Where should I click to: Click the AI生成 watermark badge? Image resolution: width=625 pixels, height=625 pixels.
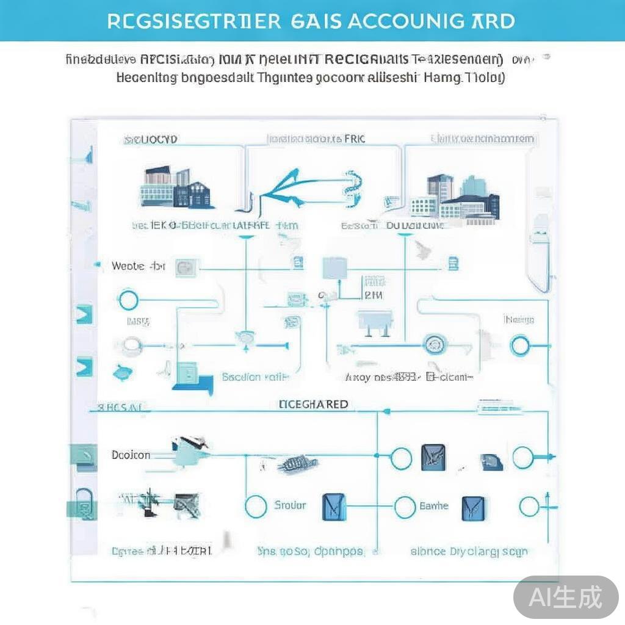(566, 596)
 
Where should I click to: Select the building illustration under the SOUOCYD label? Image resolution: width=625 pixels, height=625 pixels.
(177, 187)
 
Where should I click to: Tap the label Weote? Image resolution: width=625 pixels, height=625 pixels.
(129, 266)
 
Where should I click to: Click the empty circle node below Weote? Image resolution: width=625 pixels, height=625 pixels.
(128, 300)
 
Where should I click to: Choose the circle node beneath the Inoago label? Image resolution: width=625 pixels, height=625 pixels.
(520, 346)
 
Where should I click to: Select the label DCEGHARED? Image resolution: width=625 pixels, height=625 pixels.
(313, 404)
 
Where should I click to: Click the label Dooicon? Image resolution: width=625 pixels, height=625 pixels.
(131, 455)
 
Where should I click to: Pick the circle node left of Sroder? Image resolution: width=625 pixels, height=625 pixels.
(256, 506)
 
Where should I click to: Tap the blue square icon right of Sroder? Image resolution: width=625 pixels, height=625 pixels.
(333, 507)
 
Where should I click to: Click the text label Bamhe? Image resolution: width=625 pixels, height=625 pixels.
(434, 506)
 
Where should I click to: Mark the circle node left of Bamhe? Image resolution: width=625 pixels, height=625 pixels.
(405, 507)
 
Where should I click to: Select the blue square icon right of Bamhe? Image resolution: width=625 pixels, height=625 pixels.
(473, 507)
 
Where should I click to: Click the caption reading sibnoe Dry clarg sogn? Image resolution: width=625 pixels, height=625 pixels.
(469, 551)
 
